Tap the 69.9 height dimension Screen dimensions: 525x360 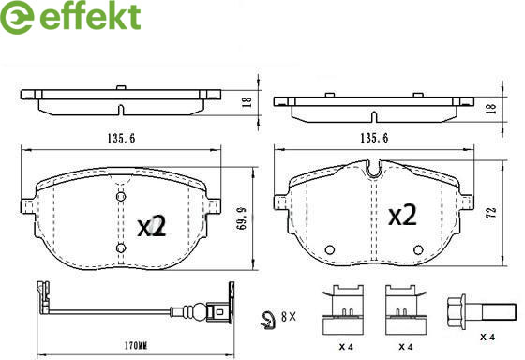pyautogui.click(x=242, y=218)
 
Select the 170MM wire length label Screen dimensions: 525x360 pyautogui.click(x=136, y=346)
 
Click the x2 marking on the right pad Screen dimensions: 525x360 pyautogui.click(x=402, y=215)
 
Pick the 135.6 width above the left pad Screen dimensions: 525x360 pyautogui.click(x=121, y=139)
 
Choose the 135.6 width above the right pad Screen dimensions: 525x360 pyautogui.click(x=374, y=138)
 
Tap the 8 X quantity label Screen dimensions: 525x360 pyautogui.click(x=289, y=317)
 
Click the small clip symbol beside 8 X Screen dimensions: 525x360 pyautogui.click(x=268, y=321)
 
